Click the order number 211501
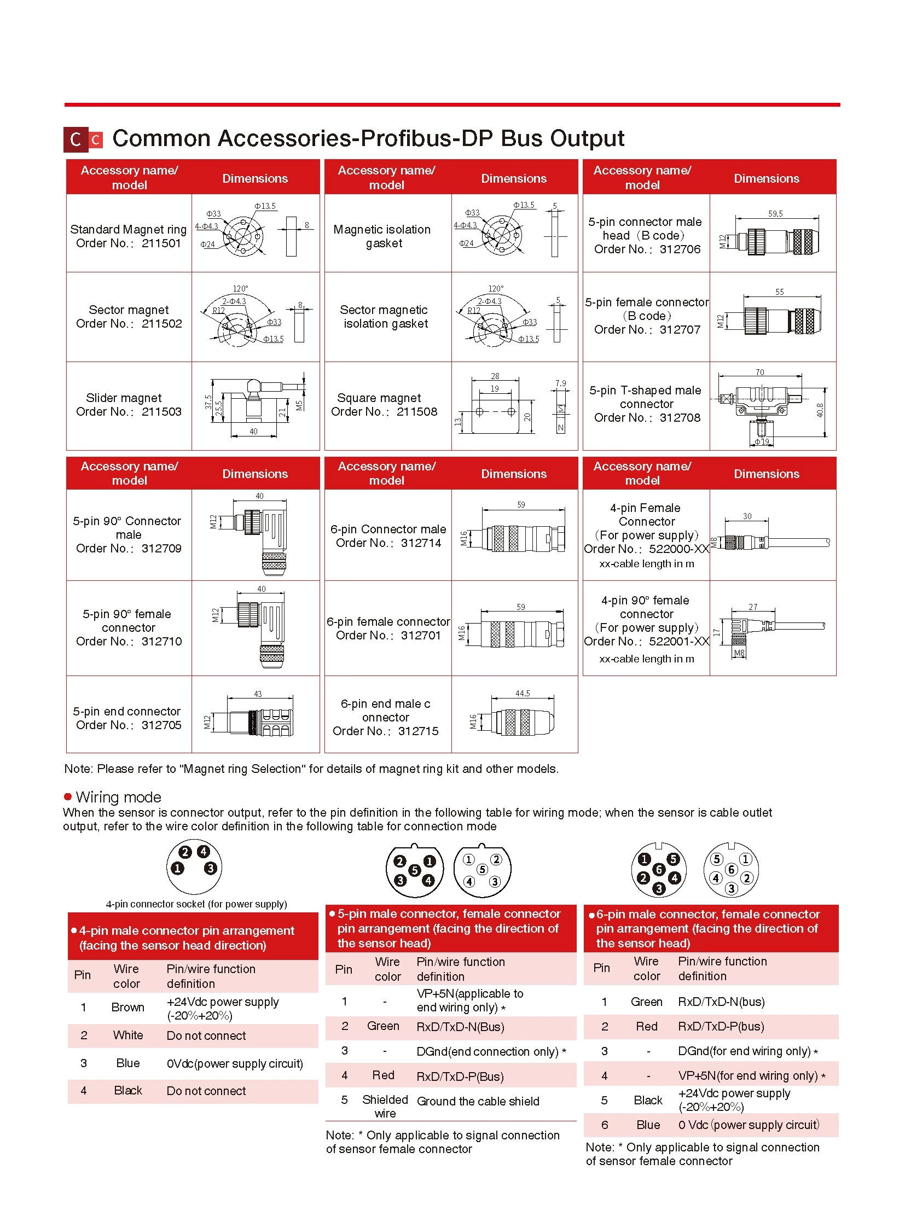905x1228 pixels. [161, 244]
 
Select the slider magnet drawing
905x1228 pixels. [256, 406]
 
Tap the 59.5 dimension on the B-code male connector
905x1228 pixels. [775, 214]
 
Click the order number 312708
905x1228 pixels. [680, 418]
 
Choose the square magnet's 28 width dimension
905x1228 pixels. [495, 376]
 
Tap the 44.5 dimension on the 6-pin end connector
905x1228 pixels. [523, 694]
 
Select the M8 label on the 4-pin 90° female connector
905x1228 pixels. [739, 653]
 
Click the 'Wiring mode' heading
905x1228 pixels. [118, 797]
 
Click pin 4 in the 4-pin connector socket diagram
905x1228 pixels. [203, 852]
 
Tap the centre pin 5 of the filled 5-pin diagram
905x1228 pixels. [415, 870]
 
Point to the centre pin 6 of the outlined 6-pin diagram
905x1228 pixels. [731, 870]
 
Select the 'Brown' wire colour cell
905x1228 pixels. [127, 1007]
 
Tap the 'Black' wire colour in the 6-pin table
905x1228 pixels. [647, 1101]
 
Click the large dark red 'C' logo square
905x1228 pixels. [76, 139]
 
